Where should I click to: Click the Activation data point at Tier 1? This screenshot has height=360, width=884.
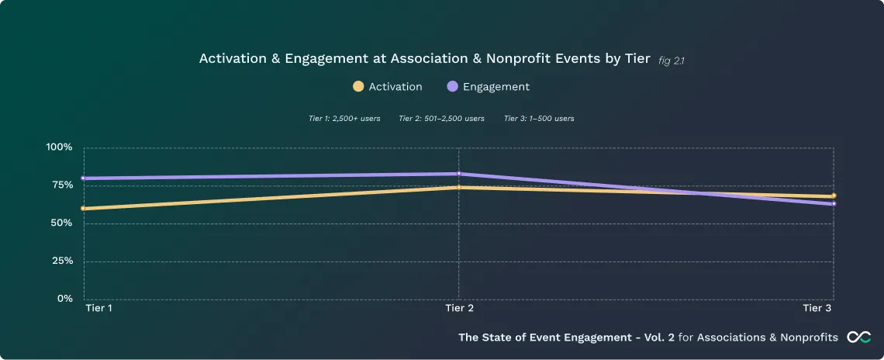coord(84,208)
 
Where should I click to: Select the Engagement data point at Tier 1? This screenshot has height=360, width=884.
coord(84,178)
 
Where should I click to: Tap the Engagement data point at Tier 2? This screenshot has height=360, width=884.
coord(458,174)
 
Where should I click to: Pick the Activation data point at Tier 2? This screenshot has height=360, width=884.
coord(458,187)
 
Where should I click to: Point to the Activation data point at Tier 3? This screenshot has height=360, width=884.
coord(834,196)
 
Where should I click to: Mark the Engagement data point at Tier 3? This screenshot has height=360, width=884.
coord(834,204)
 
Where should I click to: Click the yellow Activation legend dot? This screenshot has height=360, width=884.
coord(358,87)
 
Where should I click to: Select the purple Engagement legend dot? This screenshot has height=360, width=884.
coord(453,87)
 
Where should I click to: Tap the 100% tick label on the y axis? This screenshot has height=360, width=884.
coord(60,147)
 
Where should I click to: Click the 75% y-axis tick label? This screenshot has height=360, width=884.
coord(61,185)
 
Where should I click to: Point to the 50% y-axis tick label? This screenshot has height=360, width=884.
coord(61,223)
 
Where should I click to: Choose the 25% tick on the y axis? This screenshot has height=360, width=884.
coord(61,261)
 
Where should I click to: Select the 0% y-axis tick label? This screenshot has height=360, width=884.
coord(64,299)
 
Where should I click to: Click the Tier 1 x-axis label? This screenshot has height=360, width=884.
coord(98,309)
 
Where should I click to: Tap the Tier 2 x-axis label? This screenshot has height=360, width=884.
coord(460,309)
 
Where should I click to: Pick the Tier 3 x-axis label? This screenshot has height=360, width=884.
coord(817,309)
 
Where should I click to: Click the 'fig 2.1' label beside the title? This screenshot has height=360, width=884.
coord(671,60)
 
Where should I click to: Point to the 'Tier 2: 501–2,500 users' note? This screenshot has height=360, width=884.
coord(441,119)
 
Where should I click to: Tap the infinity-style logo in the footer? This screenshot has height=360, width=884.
coord(858,337)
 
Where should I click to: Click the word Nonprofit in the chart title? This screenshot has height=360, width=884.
coord(516,59)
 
